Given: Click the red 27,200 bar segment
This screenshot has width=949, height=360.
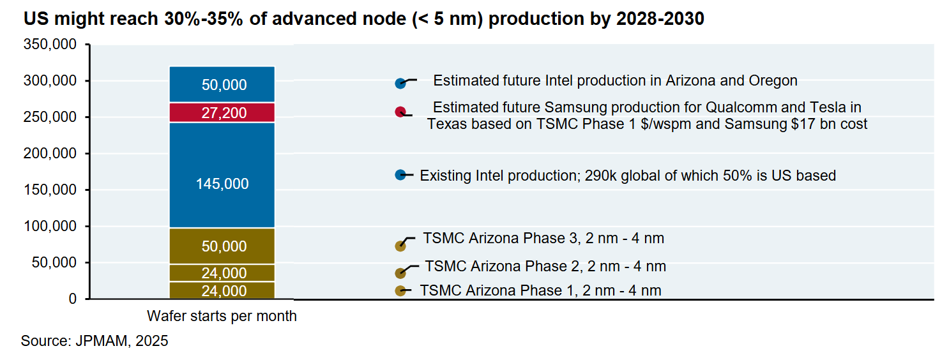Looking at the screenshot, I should (x=222, y=112).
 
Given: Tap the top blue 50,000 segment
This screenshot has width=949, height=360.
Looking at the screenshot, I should (x=222, y=84).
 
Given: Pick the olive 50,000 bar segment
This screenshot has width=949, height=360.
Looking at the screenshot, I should (x=222, y=246).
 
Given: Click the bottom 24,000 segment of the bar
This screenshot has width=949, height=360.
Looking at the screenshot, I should (x=222, y=290).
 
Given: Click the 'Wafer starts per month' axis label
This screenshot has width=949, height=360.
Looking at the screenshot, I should (x=222, y=316).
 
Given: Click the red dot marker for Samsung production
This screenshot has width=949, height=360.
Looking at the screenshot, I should (x=400, y=112).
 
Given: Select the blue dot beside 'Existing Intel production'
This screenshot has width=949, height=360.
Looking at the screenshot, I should (x=400, y=175).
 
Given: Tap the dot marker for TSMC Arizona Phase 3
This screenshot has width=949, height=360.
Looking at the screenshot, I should (x=400, y=246).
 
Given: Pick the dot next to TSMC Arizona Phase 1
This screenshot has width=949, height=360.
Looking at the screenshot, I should (x=400, y=291).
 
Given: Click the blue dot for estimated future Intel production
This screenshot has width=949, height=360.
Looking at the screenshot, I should (x=400, y=83).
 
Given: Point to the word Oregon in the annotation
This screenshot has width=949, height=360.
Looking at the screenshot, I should (x=773, y=81).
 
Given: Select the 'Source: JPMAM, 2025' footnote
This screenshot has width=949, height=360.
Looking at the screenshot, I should (x=95, y=341).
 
